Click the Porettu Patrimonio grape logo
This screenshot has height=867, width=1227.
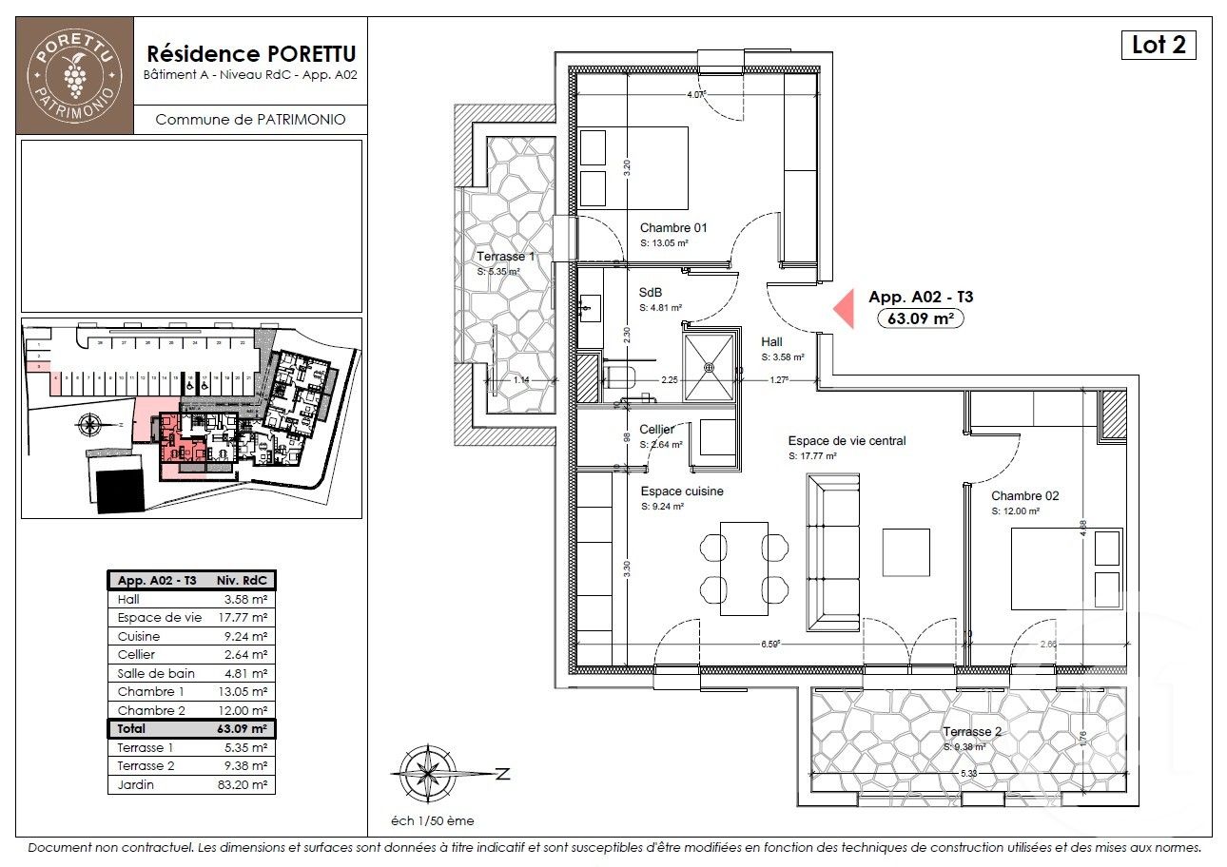pyautogui.click(x=75, y=74)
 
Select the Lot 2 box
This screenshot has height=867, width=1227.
pyautogui.click(x=1158, y=45)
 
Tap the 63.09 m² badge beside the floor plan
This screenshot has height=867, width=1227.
pyautogui.click(x=920, y=318)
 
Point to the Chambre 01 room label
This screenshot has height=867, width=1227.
pyautogui.click(x=672, y=228)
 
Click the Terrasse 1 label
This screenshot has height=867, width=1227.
pyautogui.click(x=505, y=258)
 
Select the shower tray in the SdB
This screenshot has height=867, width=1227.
pyautogui.click(x=710, y=363)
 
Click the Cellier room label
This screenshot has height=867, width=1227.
pyautogui.click(x=656, y=430)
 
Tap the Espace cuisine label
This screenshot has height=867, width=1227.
pyautogui.click(x=681, y=491)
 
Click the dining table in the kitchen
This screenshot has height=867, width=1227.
pyautogui.click(x=744, y=567)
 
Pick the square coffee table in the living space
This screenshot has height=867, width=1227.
pyautogui.click(x=906, y=551)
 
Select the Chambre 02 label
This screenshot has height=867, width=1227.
pyautogui.click(x=1024, y=496)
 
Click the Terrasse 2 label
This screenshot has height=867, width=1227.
pyautogui.click(x=972, y=732)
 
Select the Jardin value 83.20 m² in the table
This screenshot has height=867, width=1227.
pyautogui.click(x=244, y=785)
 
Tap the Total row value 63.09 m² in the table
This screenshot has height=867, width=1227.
pyautogui.click(x=244, y=729)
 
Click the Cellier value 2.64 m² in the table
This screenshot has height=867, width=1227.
pyautogui.click(x=244, y=655)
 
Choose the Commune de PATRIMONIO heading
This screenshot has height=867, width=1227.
pyautogui.click(x=249, y=120)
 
